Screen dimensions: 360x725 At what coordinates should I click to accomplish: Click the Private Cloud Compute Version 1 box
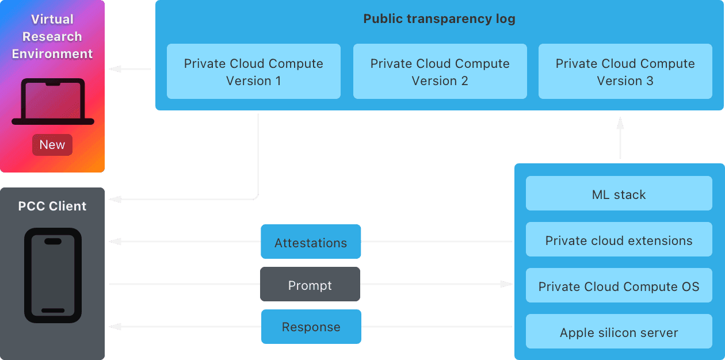[x=253, y=72]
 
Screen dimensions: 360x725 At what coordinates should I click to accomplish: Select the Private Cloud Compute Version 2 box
[x=440, y=72]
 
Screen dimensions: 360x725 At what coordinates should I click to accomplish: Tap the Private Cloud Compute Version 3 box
[x=625, y=72]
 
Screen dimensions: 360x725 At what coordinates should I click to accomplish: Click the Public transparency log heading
[x=439, y=19]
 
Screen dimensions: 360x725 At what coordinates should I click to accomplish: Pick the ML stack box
[x=619, y=194]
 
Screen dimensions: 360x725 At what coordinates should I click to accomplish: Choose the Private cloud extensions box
[x=619, y=240]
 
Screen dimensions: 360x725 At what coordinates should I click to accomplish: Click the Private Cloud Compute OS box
[x=619, y=286]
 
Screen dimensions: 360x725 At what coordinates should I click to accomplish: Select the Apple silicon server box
[x=619, y=332]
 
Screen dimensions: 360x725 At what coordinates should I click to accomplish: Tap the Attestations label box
[x=311, y=242]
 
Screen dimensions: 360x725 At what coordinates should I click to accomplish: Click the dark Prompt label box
[x=310, y=285]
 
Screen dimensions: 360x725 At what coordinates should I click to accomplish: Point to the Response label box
[x=311, y=327]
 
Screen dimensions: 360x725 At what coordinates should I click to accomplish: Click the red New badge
[x=52, y=145]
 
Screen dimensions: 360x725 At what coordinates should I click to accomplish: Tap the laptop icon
[x=52, y=102]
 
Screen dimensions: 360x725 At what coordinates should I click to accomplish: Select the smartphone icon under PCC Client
[x=53, y=275]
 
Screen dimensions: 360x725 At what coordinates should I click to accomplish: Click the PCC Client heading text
[x=52, y=206]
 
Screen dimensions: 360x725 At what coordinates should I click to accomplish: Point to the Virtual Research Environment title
[x=52, y=36]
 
